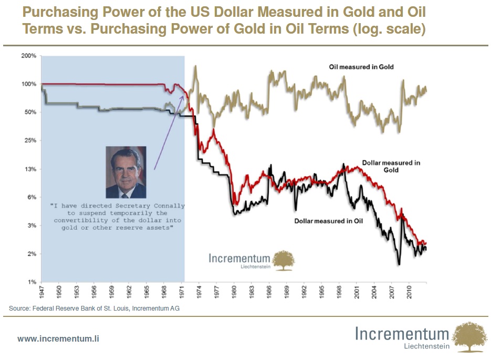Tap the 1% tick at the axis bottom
[32, 282]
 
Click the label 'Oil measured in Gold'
[361, 67]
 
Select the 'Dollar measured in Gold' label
[391, 166]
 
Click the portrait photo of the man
[126, 172]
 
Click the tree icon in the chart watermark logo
[284, 261]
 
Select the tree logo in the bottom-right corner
[470, 337]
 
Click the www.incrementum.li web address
[58, 339]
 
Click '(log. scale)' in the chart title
[388, 29]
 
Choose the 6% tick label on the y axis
[32, 198]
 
